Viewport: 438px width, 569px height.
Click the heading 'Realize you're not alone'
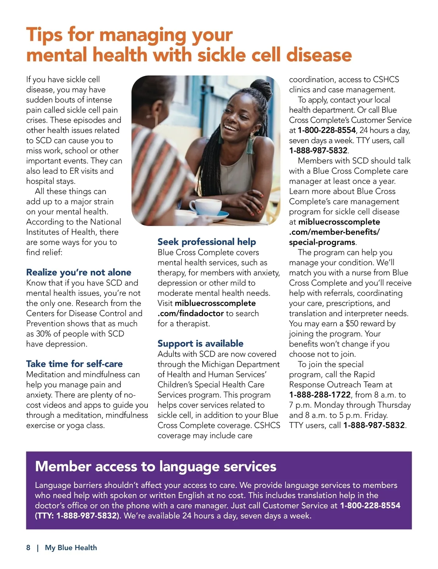click(x=78, y=272)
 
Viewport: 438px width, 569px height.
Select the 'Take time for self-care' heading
click(x=74, y=364)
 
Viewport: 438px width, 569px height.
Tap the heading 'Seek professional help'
click(x=207, y=242)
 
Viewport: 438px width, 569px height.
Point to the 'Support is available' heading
click(x=200, y=344)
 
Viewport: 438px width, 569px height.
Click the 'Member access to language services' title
click(x=155, y=466)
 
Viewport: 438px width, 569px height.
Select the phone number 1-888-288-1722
click(x=320, y=395)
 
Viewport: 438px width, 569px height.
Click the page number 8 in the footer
click(x=28, y=547)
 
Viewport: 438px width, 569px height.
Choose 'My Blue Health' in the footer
click(x=71, y=547)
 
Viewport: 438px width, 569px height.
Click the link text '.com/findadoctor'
click(x=191, y=313)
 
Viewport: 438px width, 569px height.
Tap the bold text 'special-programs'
click(x=322, y=242)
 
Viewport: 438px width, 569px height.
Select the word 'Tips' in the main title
click(x=45, y=35)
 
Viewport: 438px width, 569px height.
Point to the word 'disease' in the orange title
click(x=319, y=55)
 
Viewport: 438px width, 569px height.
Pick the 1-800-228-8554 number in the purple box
click(x=370, y=505)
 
